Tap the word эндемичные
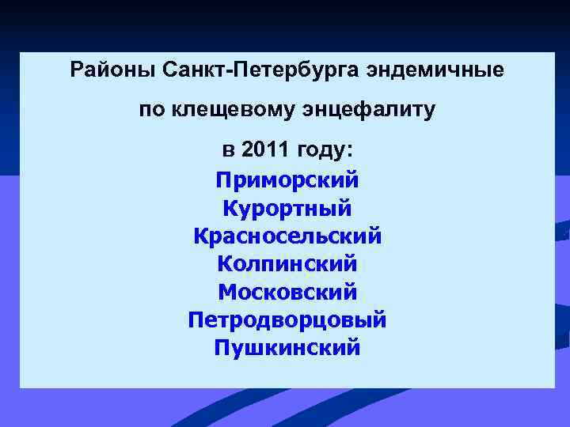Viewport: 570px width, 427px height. pos(434,70)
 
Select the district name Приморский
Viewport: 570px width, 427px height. pos(287,180)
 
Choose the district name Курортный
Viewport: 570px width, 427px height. pos(287,209)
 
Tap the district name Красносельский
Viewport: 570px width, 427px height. pos(287,236)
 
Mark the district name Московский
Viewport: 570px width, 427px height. pos(287,292)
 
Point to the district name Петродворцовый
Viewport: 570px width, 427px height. pos(287,320)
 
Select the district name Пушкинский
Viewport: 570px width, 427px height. pos(287,348)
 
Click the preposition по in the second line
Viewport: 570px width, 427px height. pos(152,110)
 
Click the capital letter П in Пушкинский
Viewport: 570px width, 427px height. pos(222,348)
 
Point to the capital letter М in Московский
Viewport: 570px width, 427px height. pos(226,292)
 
